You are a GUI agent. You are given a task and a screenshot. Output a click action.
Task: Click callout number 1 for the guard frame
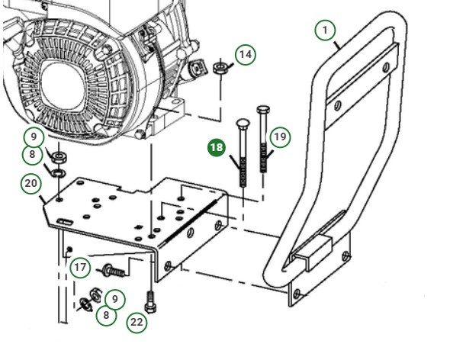(x=326, y=30)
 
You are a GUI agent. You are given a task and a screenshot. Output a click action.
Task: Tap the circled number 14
(x=245, y=55)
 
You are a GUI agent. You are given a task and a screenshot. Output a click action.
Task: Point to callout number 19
(x=281, y=137)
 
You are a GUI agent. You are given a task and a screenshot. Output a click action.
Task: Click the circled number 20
(x=31, y=184)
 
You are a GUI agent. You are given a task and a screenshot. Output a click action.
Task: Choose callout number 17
(x=81, y=268)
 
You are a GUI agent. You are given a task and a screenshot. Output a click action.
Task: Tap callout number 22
(x=137, y=322)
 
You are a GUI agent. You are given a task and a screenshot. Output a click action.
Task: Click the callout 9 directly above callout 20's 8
(x=32, y=137)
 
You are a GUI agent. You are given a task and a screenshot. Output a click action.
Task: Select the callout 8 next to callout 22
(x=107, y=313)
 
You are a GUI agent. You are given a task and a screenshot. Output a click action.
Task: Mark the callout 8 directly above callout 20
(x=32, y=156)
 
